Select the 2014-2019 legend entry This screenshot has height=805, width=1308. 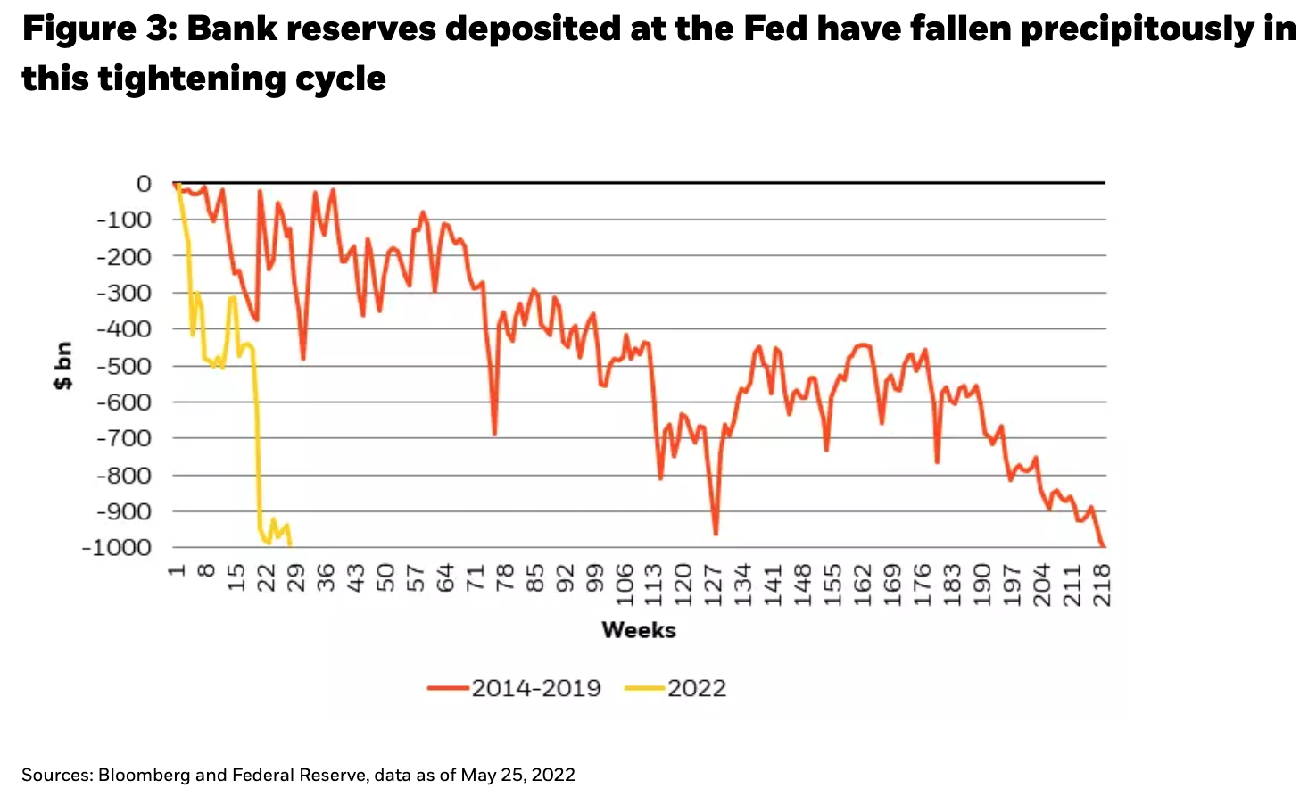514,688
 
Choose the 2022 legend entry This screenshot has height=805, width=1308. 677,688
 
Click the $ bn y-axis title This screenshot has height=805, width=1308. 62,367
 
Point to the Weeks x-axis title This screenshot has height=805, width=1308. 639,630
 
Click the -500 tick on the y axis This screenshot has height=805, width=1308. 124,366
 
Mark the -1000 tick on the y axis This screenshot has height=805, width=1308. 117,548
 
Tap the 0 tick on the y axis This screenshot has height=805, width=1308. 144,184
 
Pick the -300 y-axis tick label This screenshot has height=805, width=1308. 124,293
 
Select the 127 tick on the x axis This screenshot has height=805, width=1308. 714,585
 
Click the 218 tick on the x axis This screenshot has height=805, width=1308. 1102,585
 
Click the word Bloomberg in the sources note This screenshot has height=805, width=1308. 144,776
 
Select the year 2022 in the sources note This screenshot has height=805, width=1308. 553,776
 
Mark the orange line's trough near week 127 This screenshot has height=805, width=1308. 716,534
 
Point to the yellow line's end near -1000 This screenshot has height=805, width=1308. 290,545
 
